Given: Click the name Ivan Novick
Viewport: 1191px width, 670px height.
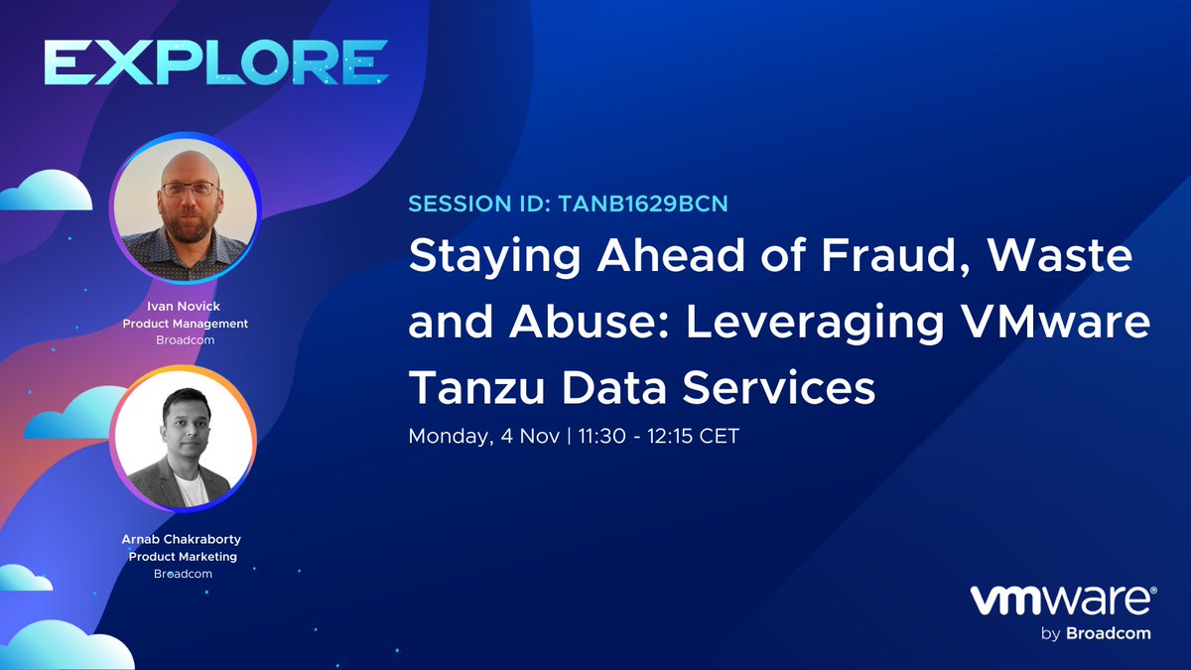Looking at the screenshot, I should [185, 308].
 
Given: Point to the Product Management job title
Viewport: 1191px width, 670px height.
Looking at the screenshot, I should [185, 324].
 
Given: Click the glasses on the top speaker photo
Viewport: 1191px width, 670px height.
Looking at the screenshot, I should [189, 188].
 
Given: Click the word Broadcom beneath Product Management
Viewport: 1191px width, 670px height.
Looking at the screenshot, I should [185, 340].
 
